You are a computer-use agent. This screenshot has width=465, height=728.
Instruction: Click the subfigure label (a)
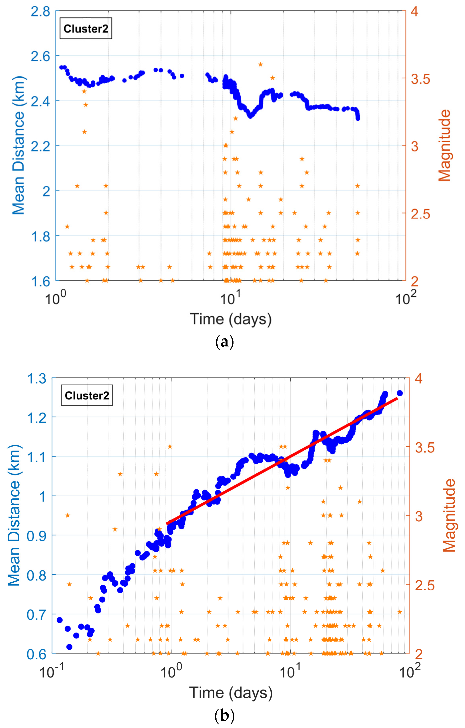[224, 342]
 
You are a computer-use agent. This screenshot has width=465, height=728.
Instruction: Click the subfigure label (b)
[224, 716]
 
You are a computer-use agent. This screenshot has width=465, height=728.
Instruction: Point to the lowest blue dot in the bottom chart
[69, 647]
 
